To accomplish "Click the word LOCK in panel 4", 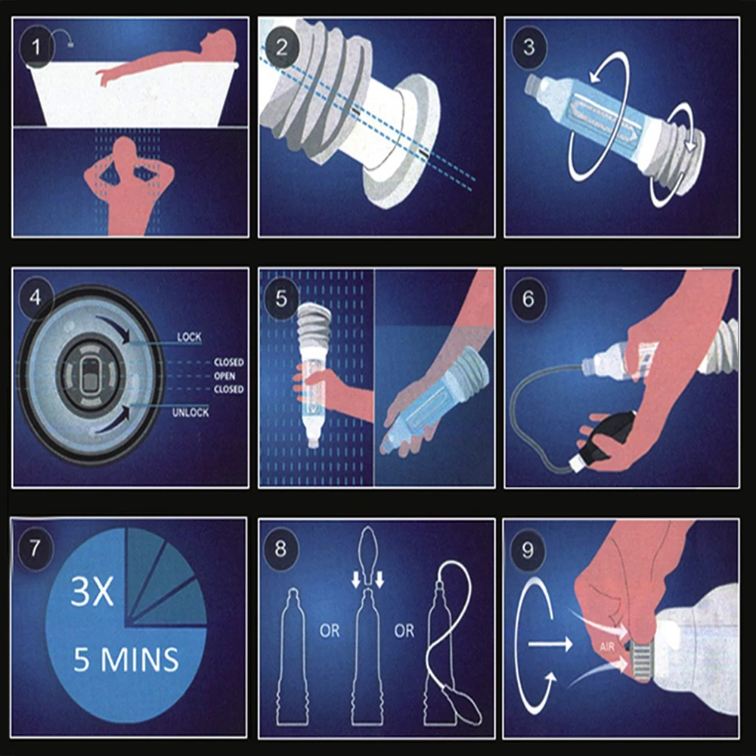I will pyautogui.click(x=189, y=337).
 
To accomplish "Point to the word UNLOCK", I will pyautogui.click(x=191, y=413).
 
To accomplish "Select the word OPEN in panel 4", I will pyautogui.click(x=225, y=376).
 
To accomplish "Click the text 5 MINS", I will pyautogui.click(x=126, y=660).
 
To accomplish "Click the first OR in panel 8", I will pyautogui.click(x=330, y=631).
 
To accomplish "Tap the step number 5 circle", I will pyautogui.click(x=281, y=297).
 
